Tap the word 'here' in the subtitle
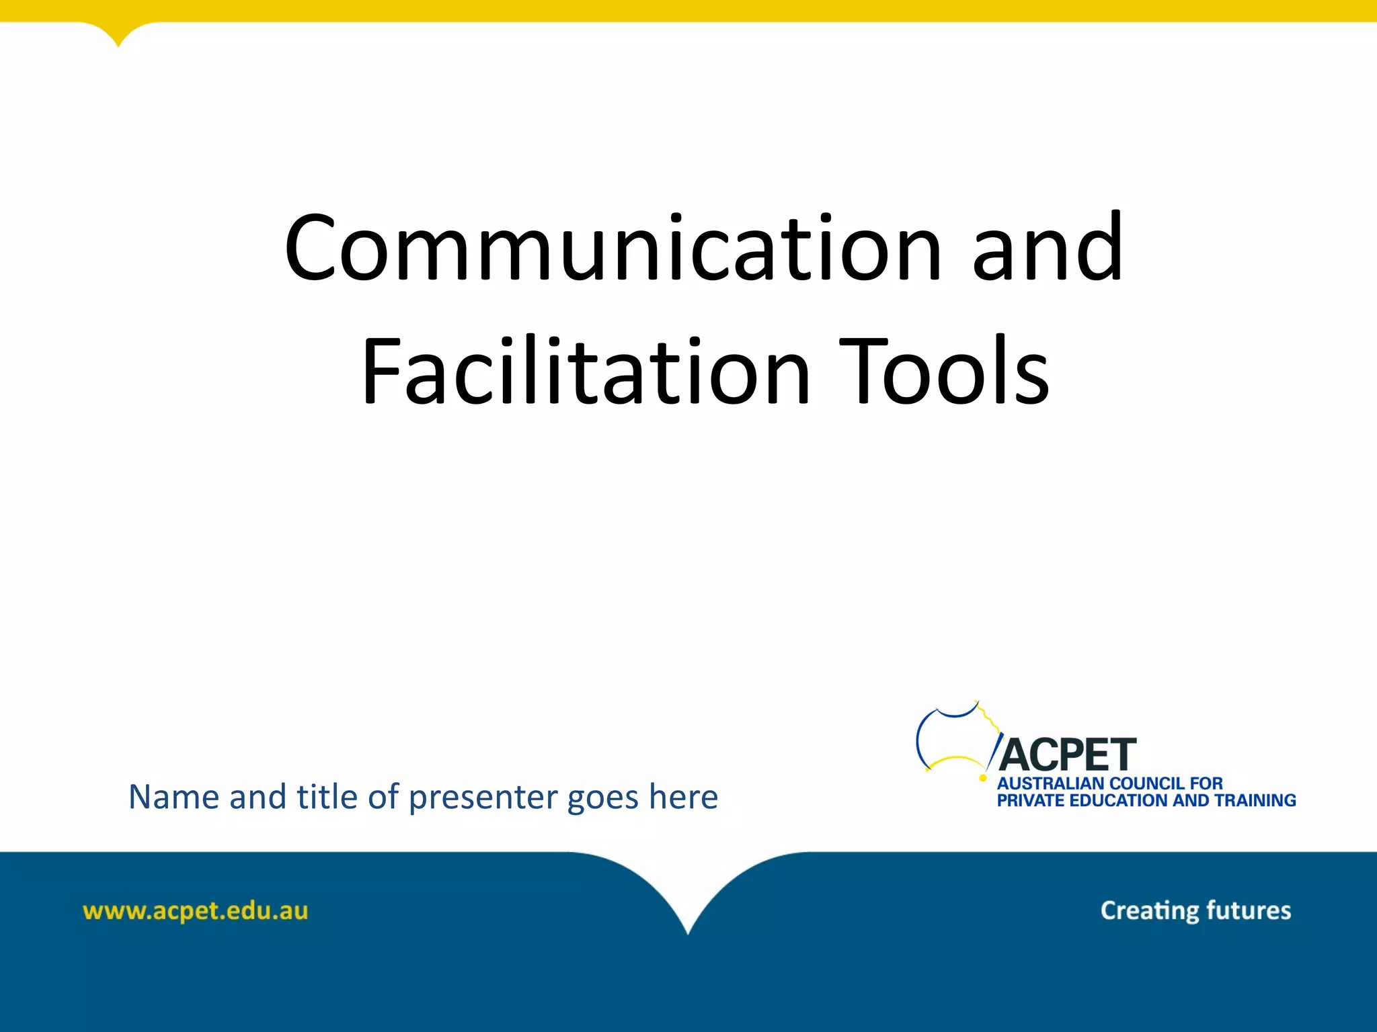pos(683,797)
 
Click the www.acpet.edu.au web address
pos(195,911)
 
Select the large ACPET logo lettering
pos(1067,755)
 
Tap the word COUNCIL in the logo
pos(1147,783)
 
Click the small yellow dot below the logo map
pos(983,779)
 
